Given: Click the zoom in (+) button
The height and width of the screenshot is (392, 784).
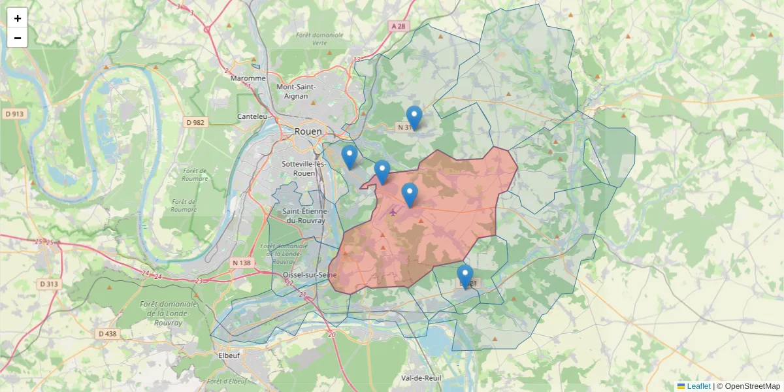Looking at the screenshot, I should point(18,18).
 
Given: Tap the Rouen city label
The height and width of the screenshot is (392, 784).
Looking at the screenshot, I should point(308,131).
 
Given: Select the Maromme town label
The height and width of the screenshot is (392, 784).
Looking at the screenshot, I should point(248,78).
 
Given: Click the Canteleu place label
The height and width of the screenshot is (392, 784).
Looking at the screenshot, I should point(252,116).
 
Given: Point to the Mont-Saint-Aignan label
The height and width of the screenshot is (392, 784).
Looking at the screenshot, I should point(296,91).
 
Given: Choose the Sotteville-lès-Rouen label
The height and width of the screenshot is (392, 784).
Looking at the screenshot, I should point(304,168).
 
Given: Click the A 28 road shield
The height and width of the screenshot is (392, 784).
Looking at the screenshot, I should point(398,26).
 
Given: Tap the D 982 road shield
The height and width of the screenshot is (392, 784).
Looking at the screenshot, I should point(195,122).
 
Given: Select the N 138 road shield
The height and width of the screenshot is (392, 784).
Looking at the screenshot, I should point(241,263).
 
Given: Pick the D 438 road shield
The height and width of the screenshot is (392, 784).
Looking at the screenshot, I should point(107,334).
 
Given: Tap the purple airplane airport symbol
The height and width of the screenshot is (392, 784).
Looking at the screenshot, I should point(393,211).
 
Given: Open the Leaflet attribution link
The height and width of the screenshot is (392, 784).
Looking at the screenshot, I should point(698,386).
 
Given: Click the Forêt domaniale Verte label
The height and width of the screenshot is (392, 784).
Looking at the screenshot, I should point(319,39).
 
